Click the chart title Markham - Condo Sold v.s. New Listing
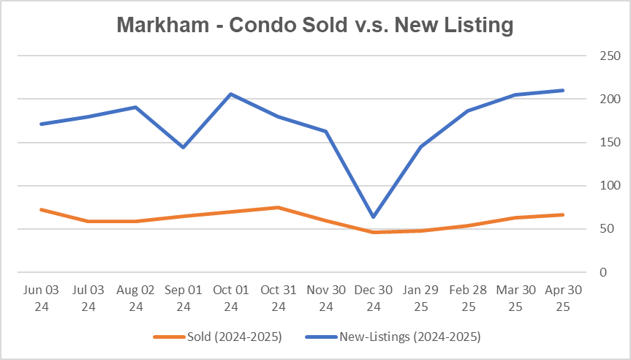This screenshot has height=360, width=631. (315, 26)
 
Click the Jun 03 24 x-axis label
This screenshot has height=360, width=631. (41, 298)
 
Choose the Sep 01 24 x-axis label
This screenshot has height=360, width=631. (184, 298)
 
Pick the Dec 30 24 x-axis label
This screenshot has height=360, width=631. (374, 298)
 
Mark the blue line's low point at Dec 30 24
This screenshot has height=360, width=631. (374, 217)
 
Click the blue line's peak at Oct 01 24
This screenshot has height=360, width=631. (231, 94)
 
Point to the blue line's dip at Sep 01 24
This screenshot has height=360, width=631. (184, 147)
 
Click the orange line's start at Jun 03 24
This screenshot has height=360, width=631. (41, 209)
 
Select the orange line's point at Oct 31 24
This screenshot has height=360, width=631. (279, 207)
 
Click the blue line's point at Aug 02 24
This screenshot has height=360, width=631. (136, 107)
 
